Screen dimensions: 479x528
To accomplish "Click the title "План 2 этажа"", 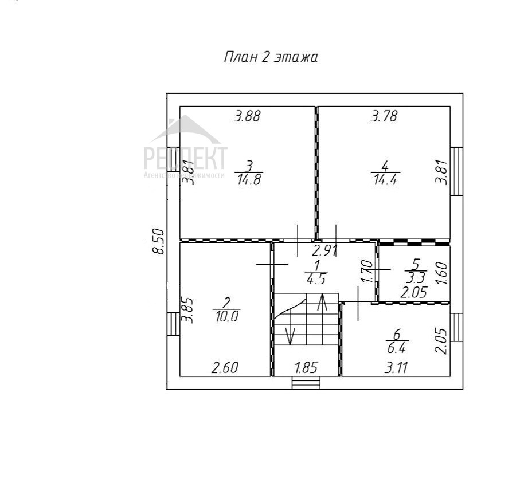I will click(x=271, y=57).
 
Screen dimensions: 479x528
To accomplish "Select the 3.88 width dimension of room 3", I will click(x=247, y=116).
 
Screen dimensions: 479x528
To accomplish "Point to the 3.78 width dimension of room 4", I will click(x=384, y=117).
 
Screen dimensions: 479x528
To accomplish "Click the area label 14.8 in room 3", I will click(x=248, y=179).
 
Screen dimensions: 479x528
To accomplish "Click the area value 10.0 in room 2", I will click(x=226, y=316).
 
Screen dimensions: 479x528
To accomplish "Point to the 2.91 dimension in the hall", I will click(x=324, y=250).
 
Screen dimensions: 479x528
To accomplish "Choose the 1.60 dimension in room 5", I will click(x=441, y=270).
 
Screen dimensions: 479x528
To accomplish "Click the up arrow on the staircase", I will click(x=323, y=302).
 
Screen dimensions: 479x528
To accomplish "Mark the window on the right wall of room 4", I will click(x=457, y=171).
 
